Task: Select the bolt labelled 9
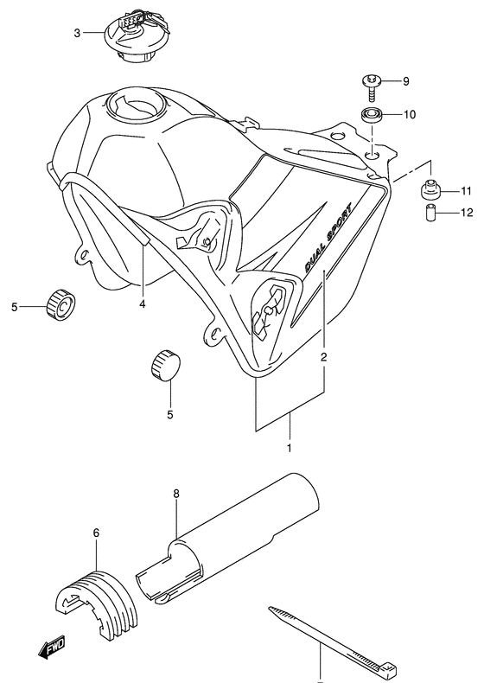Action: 369,84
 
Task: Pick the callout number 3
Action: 76,33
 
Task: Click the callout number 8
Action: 175,495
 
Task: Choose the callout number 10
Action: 410,114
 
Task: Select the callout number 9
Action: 406,82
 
